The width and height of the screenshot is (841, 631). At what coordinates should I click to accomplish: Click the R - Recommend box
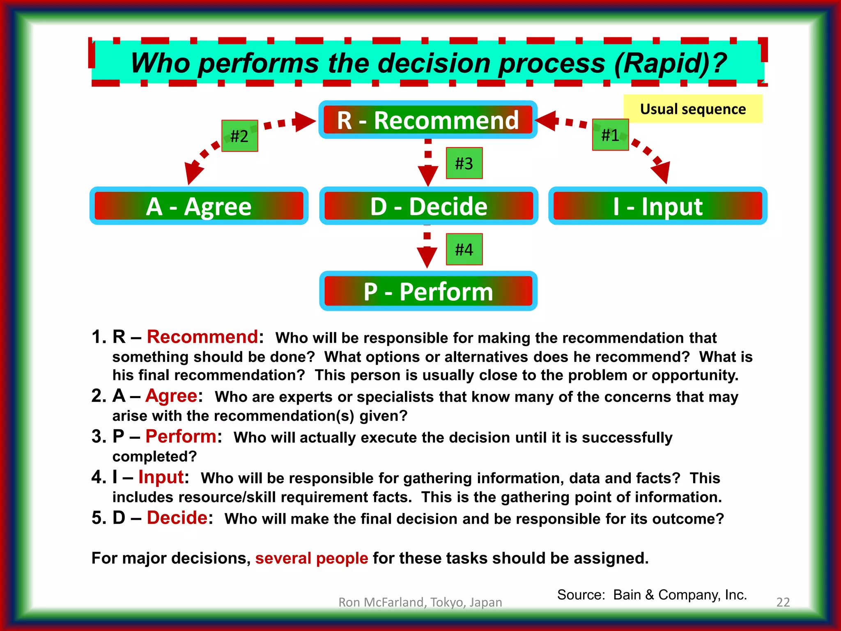point(427,120)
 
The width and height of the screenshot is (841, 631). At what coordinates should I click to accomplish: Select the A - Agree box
point(199,206)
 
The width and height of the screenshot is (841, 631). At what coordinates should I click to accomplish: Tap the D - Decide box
point(428,206)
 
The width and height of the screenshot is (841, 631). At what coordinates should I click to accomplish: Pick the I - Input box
point(657,206)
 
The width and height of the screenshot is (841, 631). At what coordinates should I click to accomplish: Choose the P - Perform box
point(428,291)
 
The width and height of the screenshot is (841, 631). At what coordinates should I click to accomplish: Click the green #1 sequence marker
point(610,135)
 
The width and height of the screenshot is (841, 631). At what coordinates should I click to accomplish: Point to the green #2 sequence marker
point(239,136)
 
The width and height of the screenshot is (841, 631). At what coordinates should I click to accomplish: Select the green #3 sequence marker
point(464,163)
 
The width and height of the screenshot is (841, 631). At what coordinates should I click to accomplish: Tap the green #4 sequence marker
point(464,249)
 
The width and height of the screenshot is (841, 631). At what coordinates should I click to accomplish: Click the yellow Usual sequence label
point(693,109)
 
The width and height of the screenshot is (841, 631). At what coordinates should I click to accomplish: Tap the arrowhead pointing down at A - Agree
point(193,173)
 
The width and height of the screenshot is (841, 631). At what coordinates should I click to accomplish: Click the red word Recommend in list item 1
point(202,337)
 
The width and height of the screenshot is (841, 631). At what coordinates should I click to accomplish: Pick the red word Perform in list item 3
point(181,436)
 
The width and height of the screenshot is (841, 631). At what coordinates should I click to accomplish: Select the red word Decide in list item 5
point(177,518)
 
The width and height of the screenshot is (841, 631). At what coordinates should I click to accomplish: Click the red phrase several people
point(311,558)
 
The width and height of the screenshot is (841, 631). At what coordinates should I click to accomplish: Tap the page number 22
point(783,602)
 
